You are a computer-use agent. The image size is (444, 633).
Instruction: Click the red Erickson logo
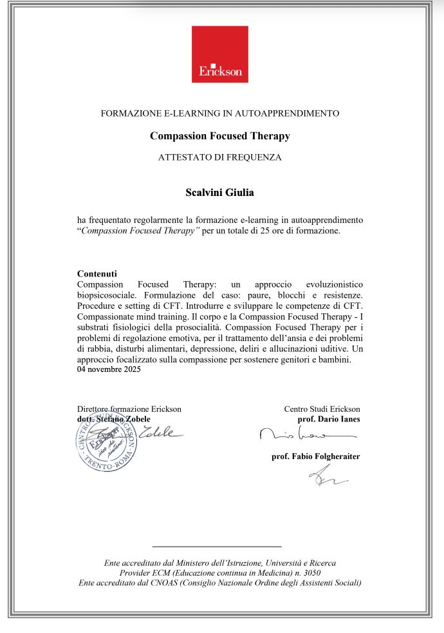[219, 54]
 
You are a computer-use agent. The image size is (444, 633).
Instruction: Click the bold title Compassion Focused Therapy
[219, 136]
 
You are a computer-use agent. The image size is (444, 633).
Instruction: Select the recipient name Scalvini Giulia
[219, 191]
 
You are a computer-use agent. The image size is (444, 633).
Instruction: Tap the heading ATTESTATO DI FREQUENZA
[219, 157]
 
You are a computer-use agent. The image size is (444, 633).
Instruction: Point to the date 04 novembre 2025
[108, 370]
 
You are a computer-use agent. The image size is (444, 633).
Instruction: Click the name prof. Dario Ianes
[329, 419]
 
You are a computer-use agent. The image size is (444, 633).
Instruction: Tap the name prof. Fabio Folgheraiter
[316, 457]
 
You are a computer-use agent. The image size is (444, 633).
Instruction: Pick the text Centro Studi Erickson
[322, 409]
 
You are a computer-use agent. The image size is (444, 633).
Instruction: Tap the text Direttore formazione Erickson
[129, 409]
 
